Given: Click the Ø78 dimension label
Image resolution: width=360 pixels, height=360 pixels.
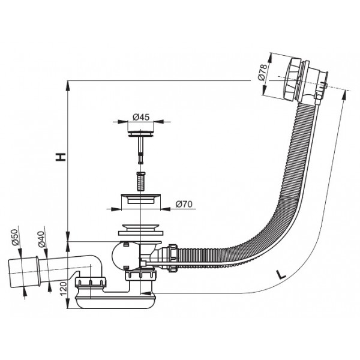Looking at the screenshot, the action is click(x=263, y=72).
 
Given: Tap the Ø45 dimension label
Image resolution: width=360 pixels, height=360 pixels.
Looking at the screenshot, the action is click(x=141, y=118).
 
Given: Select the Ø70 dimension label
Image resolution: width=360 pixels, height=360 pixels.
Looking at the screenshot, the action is click(x=184, y=204).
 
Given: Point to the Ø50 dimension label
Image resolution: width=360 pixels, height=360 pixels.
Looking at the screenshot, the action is click(x=15, y=237).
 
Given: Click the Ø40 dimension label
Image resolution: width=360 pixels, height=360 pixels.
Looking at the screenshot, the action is click(x=41, y=239).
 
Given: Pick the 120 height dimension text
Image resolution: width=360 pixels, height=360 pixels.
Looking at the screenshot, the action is click(x=64, y=289).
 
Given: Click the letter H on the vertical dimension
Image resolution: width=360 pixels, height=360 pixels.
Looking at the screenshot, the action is click(x=61, y=157).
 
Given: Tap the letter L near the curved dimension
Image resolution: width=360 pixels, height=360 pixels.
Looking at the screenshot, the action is click(x=281, y=274).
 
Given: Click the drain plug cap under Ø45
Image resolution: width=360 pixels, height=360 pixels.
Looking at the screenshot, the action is click(x=140, y=133).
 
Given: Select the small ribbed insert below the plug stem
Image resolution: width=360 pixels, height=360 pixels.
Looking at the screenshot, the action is click(x=141, y=181).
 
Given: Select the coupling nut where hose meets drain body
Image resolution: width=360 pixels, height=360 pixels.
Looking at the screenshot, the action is click(x=173, y=258).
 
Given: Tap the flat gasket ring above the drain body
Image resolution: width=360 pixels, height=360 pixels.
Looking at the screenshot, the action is click(x=140, y=233).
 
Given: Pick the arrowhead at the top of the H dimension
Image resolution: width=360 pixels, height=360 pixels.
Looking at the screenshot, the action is click(x=67, y=85).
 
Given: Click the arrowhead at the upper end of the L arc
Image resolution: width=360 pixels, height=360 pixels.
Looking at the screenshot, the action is click(x=344, y=95).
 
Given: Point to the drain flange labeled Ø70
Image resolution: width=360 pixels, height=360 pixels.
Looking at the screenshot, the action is click(x=140, y=199).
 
